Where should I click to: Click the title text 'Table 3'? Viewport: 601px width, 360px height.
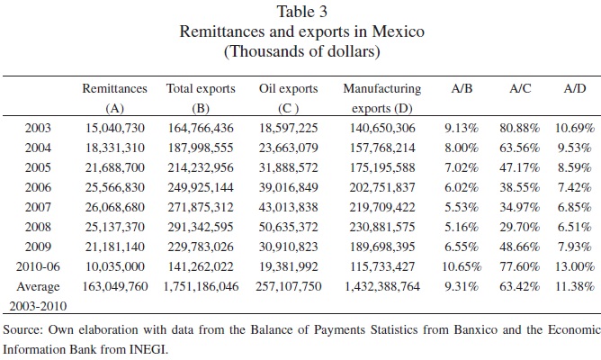pyautogui.click(x=300, y=12)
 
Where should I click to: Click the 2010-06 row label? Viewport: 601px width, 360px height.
pyautogui.click(x=36, y=266)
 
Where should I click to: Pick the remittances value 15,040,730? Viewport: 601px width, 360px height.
pyautogui.click(x=108, y=128)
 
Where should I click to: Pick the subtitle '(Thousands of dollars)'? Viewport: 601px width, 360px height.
pyautogui.click(x=300, y=51)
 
